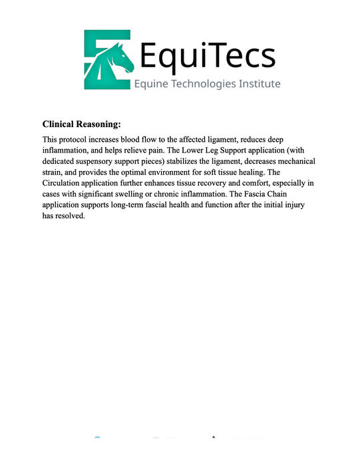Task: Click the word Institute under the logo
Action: click(x=260, y=84)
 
